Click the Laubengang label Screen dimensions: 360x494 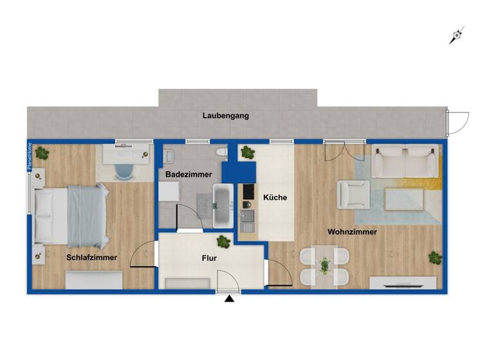(225, 116)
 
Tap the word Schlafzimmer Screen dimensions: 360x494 (91, 257)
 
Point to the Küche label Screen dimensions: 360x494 (275, 197)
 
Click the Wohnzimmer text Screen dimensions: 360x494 (352, 231)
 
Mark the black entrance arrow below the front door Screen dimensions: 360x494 (228, 298)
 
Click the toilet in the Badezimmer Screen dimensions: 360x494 (221, 153)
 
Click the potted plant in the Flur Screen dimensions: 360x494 (223, 242)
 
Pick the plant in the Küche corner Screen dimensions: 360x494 (247, 152)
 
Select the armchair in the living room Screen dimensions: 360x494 (354, 192)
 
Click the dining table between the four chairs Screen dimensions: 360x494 (325, 265)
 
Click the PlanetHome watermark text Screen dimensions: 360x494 (29, 157)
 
